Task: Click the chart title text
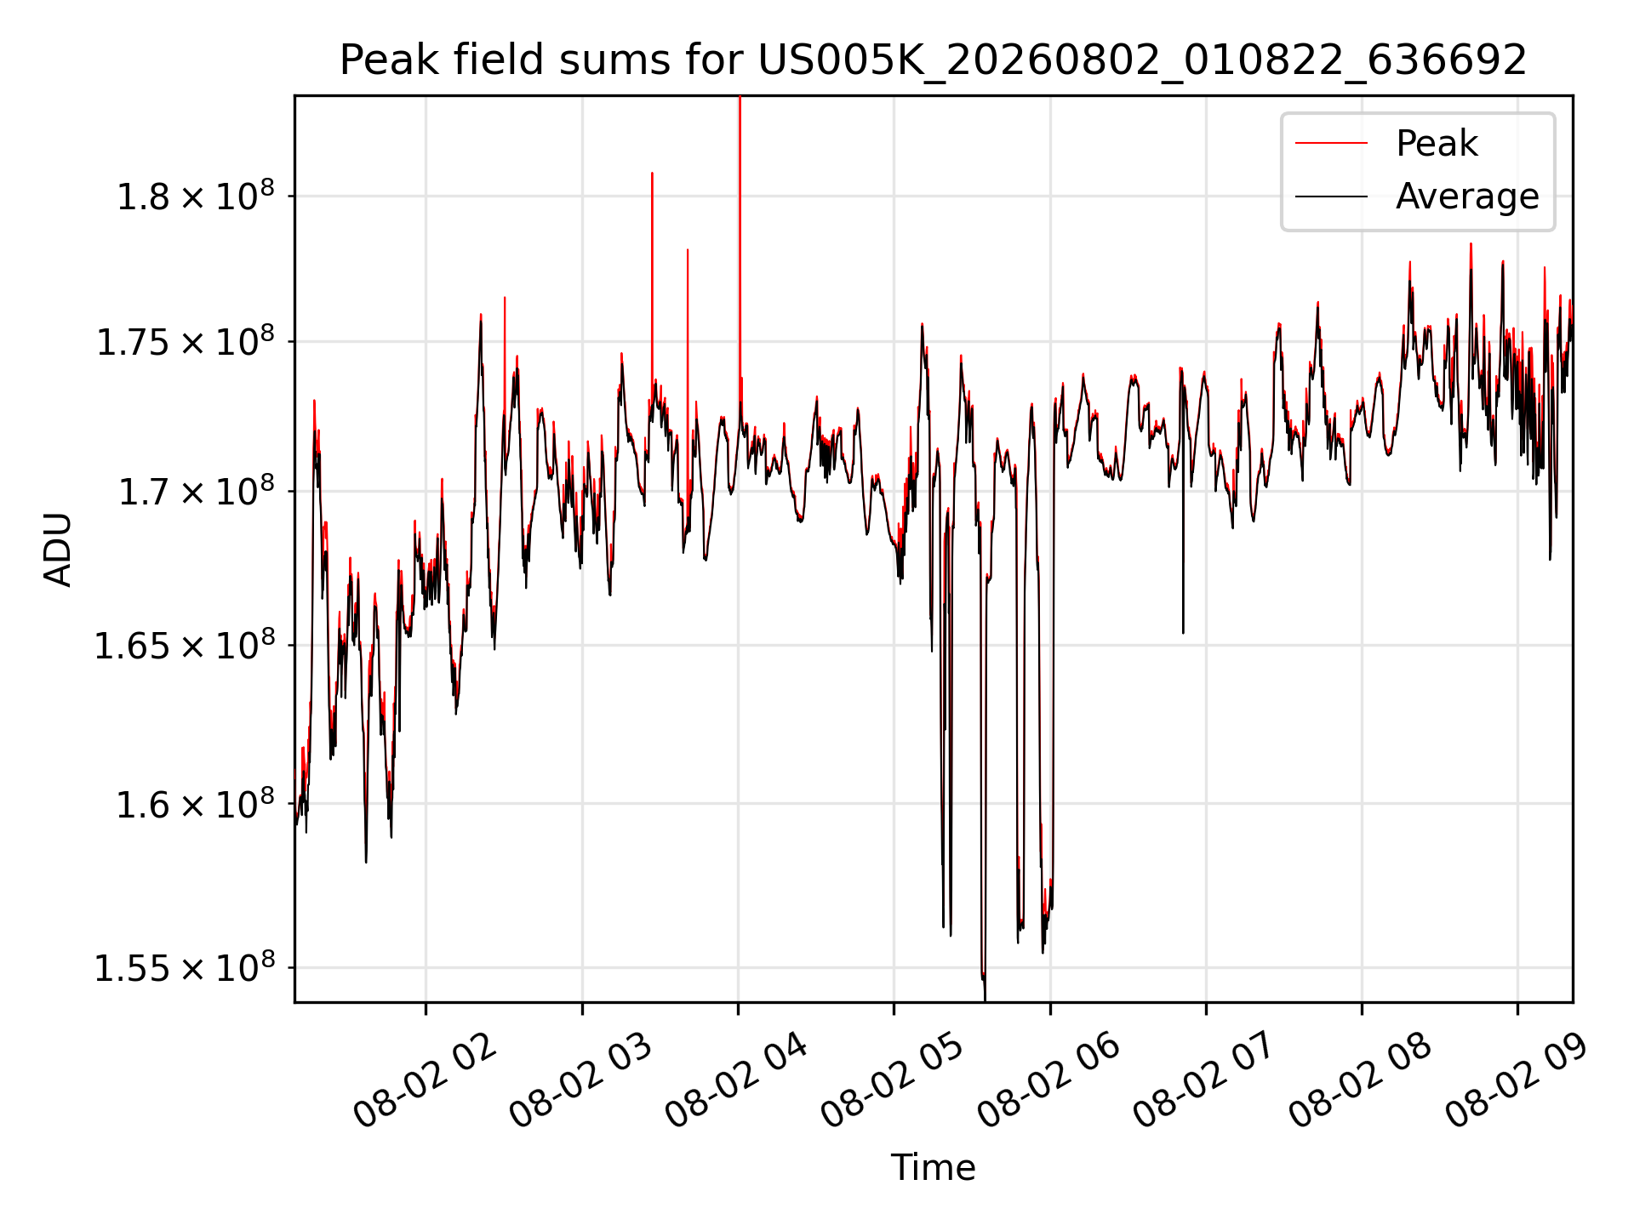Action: (x=933, y=60)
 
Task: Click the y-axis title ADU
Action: (x=58, y=550)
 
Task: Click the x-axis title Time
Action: (x=933, y=1167)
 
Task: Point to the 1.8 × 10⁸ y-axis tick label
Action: (x=196, y=197)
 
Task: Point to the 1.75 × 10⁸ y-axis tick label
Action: (x=186, y=342)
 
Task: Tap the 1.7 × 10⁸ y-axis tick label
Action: (x=196, y=492)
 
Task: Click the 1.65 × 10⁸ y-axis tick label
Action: (x=186, y=646)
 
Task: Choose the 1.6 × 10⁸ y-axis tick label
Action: (x=196, y=804)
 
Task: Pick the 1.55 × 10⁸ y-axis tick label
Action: (x=186, y=968)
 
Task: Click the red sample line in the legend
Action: (x=1331, y=143)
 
